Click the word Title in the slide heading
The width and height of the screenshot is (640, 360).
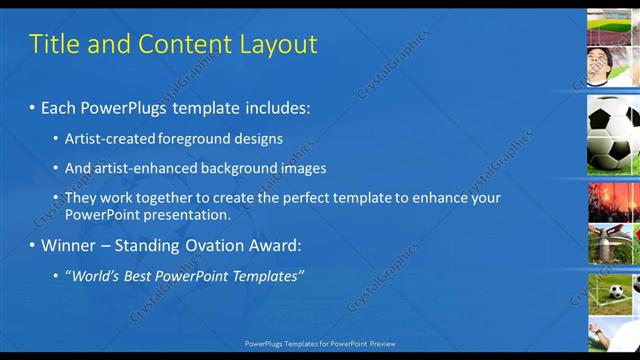(x=52, y=44)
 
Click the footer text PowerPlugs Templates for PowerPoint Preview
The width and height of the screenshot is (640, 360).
(x=320, y=343)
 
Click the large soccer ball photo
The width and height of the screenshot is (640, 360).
(x=613, y=135)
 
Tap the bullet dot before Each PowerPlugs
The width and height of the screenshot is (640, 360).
(x=32, y=107)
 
